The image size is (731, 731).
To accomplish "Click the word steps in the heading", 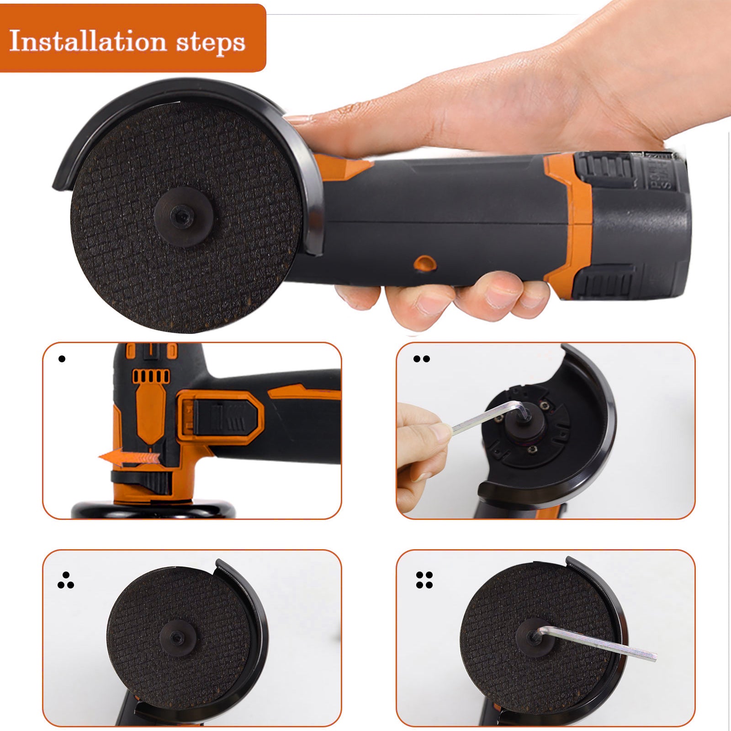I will point(211,43).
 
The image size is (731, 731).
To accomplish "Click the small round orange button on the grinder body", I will point(424,263).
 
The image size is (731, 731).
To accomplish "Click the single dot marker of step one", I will point(62,359).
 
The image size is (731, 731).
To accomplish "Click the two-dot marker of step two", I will point(421,359).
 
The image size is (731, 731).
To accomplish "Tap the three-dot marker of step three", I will point(66,581).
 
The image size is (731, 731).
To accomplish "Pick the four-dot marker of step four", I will point(424,580).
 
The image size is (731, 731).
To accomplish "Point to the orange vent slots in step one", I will point(151,376).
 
